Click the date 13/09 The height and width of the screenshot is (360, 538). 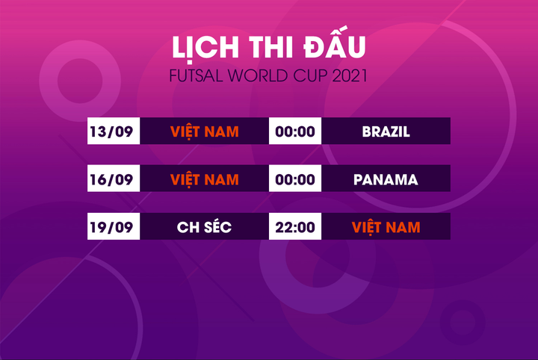[x=111, y=132]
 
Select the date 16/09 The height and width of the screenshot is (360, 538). [x=111, y=180]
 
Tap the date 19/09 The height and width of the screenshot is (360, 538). [x=111, y=227]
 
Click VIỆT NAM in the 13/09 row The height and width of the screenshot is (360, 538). [x=204, y=132]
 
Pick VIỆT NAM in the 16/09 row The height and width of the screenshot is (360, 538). [x=204, y=180]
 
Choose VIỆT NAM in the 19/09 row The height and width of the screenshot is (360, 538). [x=386, y=227]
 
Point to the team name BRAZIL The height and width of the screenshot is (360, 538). [x=386, y=132]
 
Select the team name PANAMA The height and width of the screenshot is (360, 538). [x=386, y=180]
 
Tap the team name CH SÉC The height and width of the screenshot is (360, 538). [x=204, y=227]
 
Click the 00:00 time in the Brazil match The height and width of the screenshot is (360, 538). [x=295, y=132]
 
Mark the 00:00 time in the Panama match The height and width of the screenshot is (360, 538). [x=295, y=180]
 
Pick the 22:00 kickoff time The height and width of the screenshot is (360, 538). [x=295, y=227]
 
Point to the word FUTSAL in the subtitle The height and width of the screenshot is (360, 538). [x=193, y=77]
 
